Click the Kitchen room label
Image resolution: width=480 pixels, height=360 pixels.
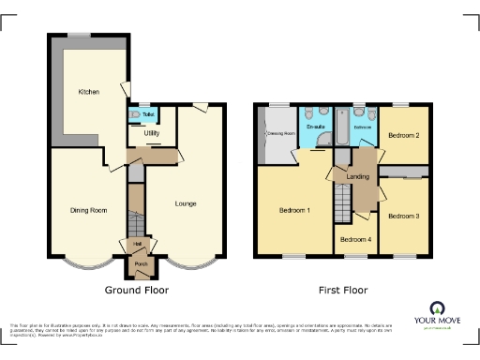89,92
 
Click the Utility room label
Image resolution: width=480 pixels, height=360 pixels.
151,134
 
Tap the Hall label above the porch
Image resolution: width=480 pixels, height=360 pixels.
138,244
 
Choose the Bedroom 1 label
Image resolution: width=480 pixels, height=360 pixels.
294,210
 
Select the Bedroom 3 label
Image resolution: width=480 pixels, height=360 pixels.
404,216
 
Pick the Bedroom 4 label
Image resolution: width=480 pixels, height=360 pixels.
355,240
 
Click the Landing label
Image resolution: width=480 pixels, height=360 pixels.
357,177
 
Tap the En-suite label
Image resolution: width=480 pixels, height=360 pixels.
314,127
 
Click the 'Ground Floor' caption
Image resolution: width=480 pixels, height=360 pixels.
137,291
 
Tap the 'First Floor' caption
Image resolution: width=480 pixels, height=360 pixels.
343,291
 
